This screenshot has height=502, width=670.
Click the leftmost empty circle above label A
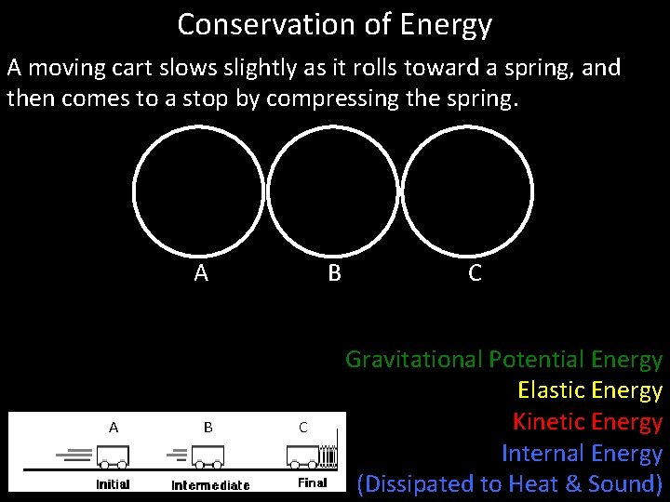(198, 191)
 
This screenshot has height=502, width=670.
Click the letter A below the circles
(201, 273)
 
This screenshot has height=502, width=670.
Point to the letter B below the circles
(334, 273)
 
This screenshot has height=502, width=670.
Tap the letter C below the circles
(475, 273)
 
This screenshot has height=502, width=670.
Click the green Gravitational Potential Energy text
(503, 359)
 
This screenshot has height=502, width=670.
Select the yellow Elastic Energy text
(589, 390)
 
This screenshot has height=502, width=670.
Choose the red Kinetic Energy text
(586, 422)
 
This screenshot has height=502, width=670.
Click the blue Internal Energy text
(581, 454)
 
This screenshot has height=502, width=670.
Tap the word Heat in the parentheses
(550, 484)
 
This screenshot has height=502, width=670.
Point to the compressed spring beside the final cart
(327, 456)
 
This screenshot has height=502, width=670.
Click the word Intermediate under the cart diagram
(210, 485)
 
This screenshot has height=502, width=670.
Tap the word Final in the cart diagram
(312, 483)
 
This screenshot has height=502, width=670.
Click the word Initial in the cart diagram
(113, 484)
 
